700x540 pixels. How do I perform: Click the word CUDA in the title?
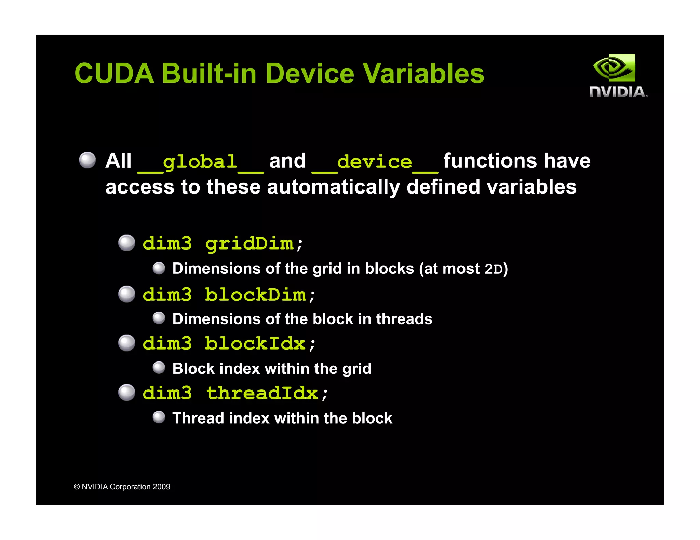pos(114,74)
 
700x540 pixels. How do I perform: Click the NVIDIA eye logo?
pos(614,68)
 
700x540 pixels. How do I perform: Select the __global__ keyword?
pos(200,162)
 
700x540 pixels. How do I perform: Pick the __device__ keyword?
pos(375,162)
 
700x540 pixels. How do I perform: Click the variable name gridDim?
pos(250,244)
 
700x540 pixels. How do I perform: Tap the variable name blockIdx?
pos(255,344)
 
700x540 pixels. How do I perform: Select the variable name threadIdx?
pos(262,393)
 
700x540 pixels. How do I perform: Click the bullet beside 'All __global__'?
pos(87,160)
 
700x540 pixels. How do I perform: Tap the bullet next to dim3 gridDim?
pos(127,243)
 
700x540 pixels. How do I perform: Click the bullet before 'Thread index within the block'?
pos(159,417)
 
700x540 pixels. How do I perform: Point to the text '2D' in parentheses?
pos(494,269)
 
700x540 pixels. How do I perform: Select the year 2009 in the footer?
pos(161,487)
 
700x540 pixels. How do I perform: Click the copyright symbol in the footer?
pos(77,487)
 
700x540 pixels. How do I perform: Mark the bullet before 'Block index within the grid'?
pos(159,368)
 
